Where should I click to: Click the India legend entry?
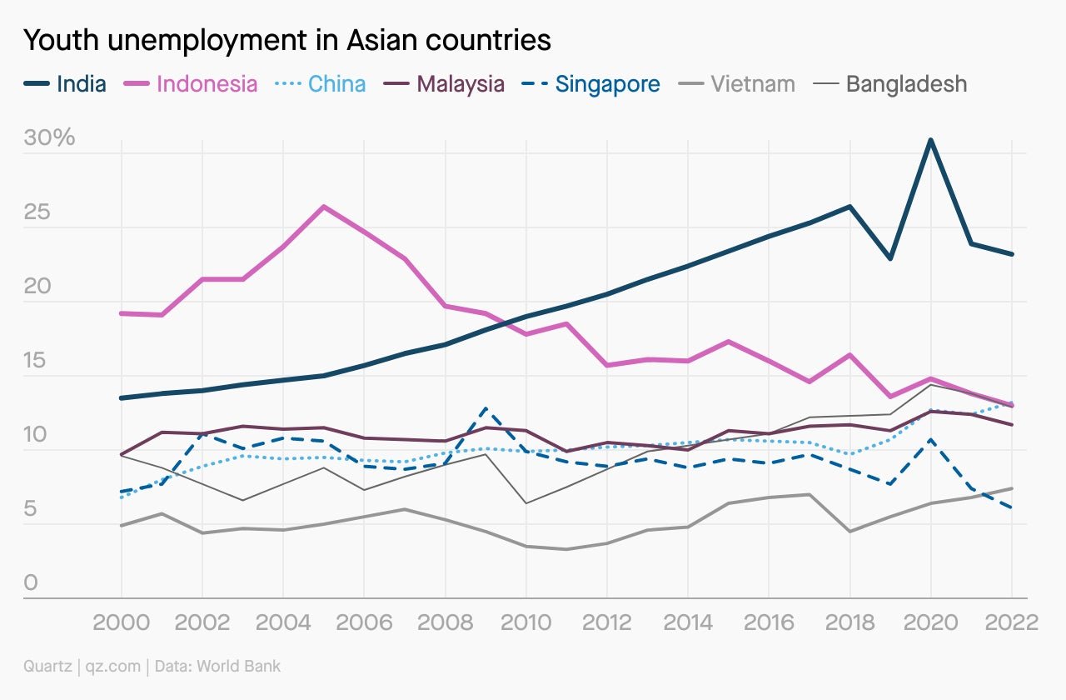(65, 84)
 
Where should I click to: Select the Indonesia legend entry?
(191, 84)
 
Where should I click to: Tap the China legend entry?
(321, 84)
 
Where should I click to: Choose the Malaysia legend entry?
(444, 84)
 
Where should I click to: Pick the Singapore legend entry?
(590, 84)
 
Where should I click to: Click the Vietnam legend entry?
(737, 84)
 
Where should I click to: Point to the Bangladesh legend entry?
(890, 84)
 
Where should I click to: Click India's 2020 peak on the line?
(931, 139)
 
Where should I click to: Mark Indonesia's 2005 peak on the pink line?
(324, 207)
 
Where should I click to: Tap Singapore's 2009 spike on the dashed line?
(486, 408)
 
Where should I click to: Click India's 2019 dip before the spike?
(890, 258)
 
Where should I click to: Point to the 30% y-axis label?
(49, 137)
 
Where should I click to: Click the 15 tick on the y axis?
(35, 360)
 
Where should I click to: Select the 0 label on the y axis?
(31, 582)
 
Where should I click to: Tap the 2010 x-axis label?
(526, 622)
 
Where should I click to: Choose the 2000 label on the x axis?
(122, 622)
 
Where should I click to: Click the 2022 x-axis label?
(1012, 622)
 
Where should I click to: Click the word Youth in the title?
(61, 40)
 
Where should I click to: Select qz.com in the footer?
(113, 666)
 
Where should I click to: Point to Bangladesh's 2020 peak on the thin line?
(931, 384)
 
